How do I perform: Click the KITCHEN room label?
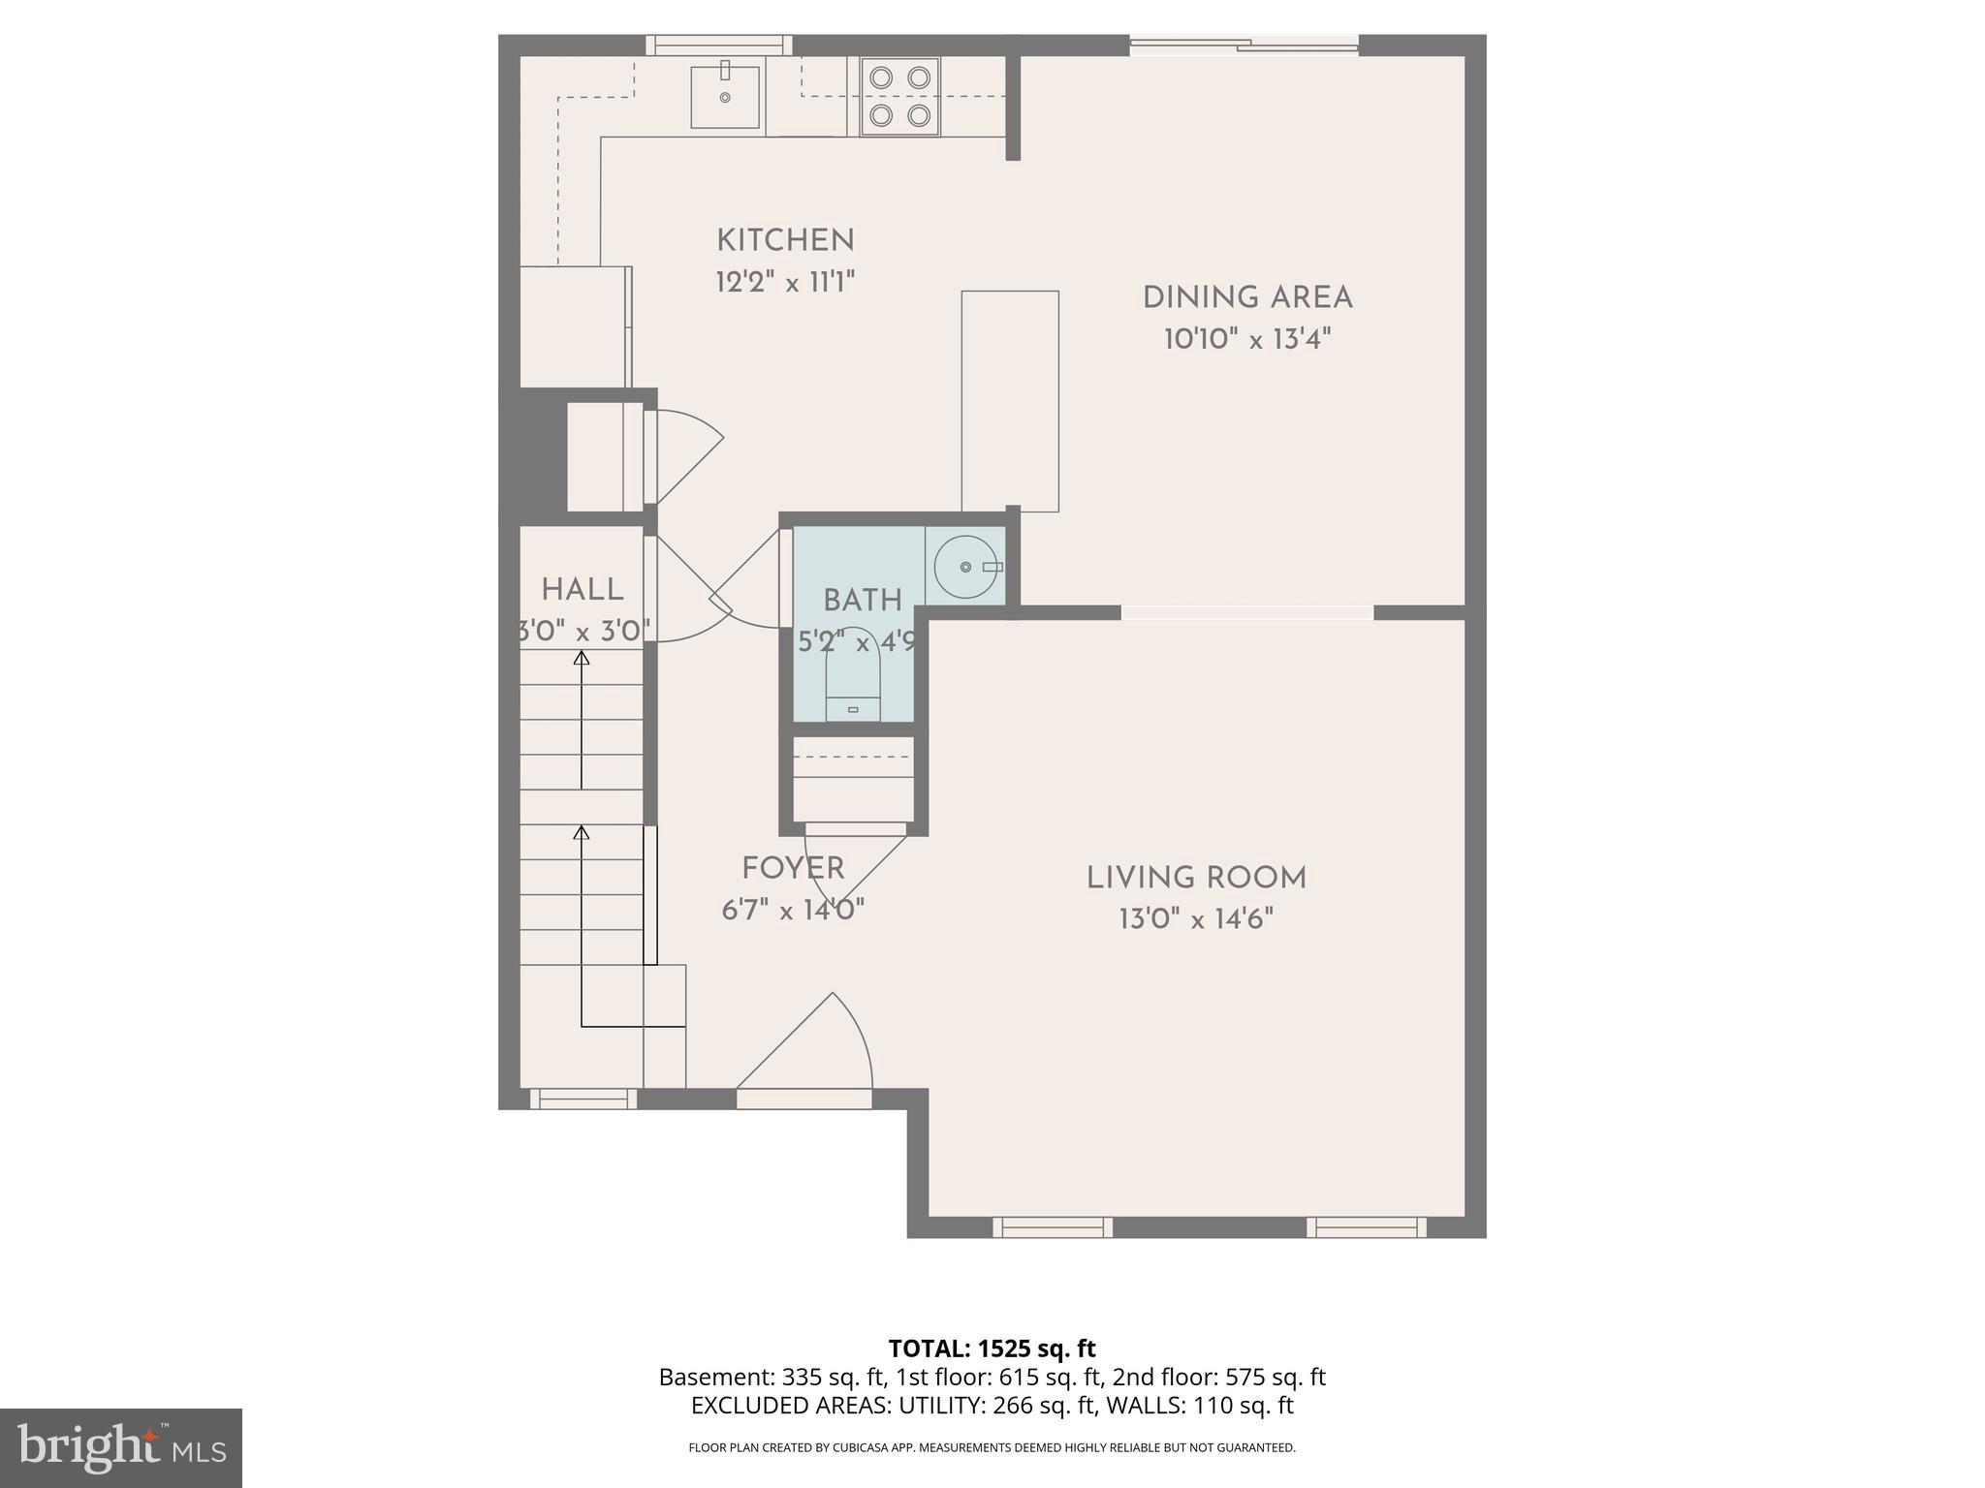click(x=785, y=240)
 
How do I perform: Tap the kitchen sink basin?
click(x=725, y=97)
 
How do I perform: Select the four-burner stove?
click(x=900, y=97)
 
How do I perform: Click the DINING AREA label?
click(x=1247, y=297)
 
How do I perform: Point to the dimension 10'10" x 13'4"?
click(x=1247, y=339)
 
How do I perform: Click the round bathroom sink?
click(x=965, y=566)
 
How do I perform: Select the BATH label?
click(x=863, y=601)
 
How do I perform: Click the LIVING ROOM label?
click(x=1196, y=879)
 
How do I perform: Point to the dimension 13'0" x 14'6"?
click(x=1196, y=919)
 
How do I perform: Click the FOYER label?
click(x=793, y=868)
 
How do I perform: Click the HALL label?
click(x=582, y=589)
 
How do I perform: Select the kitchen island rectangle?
click(x=1010, y=401)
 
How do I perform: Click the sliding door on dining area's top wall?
click(x=1244, y=44)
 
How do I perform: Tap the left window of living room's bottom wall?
click(x=1053, y=1227)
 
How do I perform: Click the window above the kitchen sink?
click(x=718, y=45)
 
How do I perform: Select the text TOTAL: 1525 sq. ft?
click(x=992, y=1348)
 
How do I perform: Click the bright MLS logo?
click(x=121, y=1447)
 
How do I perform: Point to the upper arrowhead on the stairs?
click(x=582, y=659)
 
